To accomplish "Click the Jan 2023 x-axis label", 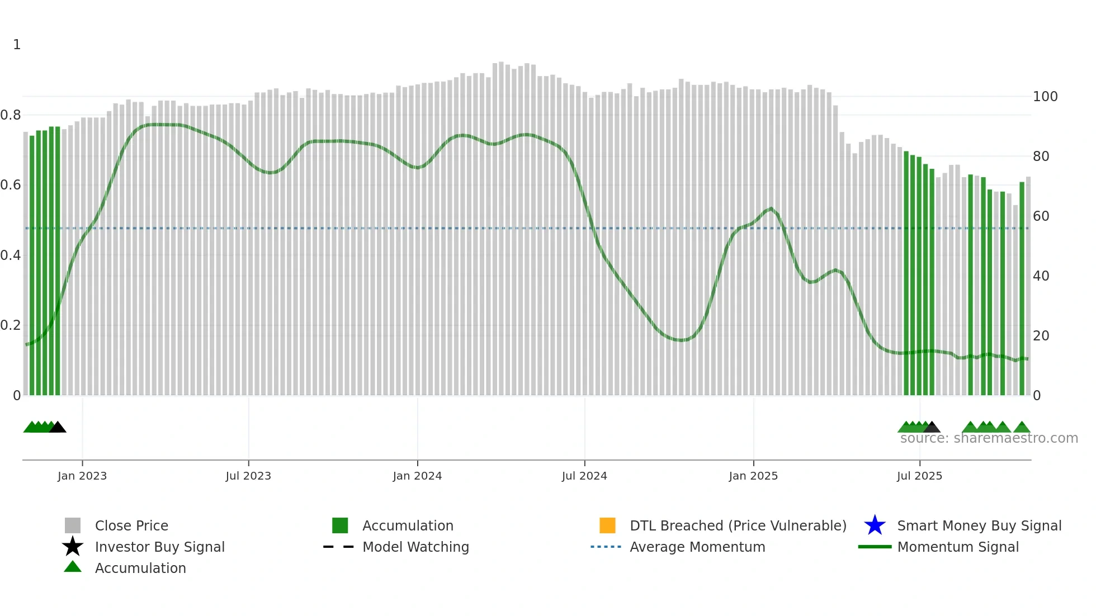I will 82,476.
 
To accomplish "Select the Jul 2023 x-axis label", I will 248,476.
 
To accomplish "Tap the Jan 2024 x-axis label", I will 417,476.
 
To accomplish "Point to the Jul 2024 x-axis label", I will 584,476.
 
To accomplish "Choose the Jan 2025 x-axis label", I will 753,476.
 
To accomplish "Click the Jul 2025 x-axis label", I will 919,476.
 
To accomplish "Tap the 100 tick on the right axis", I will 1045,97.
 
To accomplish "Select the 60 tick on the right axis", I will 1041,216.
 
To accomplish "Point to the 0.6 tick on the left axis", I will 11,185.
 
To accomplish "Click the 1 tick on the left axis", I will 17,45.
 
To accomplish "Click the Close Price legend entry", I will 131,525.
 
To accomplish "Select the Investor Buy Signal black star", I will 73,547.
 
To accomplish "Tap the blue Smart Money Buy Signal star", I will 875,525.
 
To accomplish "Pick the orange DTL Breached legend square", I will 607,525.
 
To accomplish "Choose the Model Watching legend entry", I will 415,547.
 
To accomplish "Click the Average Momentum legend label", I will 697,547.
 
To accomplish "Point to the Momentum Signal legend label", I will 958,547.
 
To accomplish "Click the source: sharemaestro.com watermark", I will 989,438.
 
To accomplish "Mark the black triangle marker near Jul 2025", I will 932,428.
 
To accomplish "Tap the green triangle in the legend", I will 73,567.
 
